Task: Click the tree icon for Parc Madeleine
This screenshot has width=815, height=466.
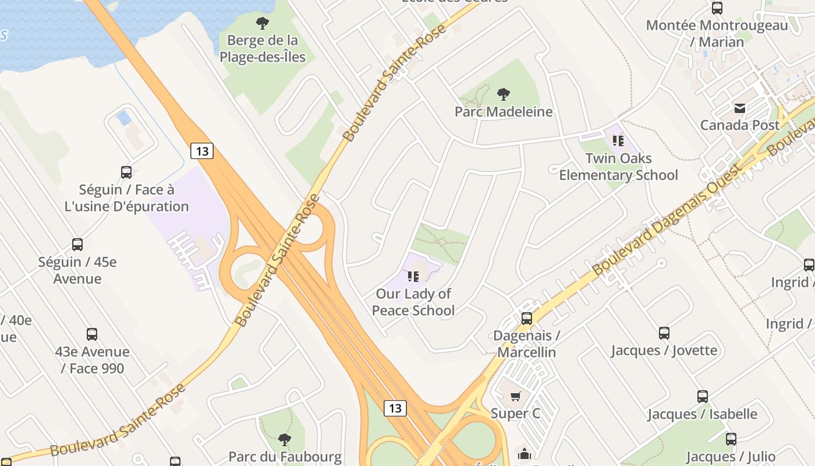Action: click(x=504, y=94)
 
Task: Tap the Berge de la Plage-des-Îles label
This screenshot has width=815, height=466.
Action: click(x=263, y=49)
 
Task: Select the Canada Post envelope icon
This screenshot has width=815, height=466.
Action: click(x=740, y=108)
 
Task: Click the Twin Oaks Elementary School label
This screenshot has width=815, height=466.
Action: click(x=618, y=167)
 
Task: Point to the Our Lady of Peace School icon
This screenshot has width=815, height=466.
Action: click(x=413, y=276)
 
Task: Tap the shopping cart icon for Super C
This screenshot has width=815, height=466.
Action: click(x=515, y=397)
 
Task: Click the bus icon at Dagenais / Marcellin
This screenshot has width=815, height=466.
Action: click(x=527, y=318)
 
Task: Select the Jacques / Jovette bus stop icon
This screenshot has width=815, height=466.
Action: click(x=664, y=333)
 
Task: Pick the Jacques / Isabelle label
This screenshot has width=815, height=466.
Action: click(x=703, y=414)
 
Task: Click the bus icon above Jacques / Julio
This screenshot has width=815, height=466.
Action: click(x=731, y=439)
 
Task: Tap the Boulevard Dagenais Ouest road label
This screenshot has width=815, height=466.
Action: click(x=667, y=220)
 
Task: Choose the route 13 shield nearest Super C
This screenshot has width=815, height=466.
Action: click(x=395, y=408)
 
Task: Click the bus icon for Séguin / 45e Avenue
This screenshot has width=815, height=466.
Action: click(x=77, y=245)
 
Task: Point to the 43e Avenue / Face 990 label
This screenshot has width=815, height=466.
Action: click(x=93, y=360)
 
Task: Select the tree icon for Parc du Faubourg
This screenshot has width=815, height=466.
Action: click(x=285, y=439)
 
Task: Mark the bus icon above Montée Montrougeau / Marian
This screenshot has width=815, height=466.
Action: click(x=717, y=8)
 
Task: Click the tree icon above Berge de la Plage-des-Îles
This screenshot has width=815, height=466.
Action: click(x=263, y=23)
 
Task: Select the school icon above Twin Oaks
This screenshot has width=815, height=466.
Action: click(x=618, y=140)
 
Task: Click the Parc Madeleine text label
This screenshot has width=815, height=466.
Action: click(x=504, y=111)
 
